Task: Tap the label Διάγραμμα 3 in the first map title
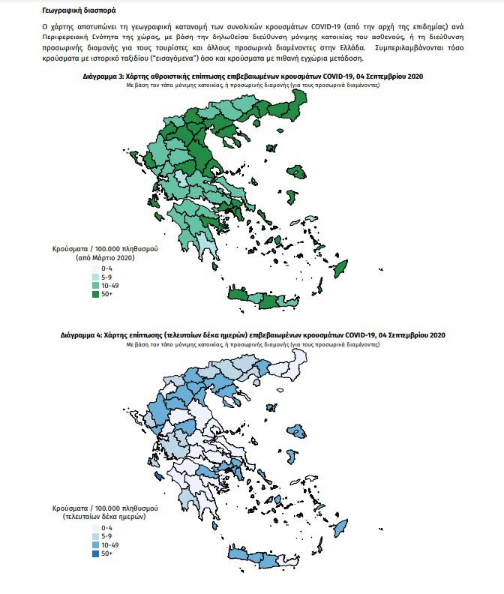tap(104, 77)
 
